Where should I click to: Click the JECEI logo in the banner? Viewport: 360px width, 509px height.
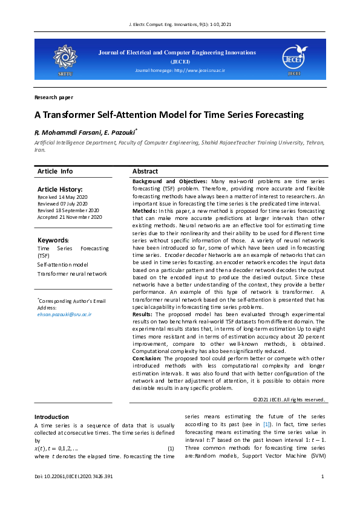click(294, 58)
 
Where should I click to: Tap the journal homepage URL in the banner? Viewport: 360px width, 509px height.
click(180, 71)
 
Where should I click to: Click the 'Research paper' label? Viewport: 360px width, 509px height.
click(54, 97)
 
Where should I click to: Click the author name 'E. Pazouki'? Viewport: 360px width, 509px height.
click(122, 131)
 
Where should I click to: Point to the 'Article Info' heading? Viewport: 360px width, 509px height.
click(55, 172)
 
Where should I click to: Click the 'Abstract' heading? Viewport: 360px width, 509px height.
click(145, 172)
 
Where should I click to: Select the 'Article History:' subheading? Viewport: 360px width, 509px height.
click(60, 190)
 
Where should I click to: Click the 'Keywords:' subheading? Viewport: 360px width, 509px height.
click(53, 240)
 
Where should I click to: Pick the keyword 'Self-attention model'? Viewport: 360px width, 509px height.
click(62, 265)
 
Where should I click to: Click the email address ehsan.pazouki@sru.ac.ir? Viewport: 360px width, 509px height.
click(65, 314)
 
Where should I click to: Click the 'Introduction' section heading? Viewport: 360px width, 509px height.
click(51, 417)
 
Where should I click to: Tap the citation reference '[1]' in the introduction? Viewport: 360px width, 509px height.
click(266, 426)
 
